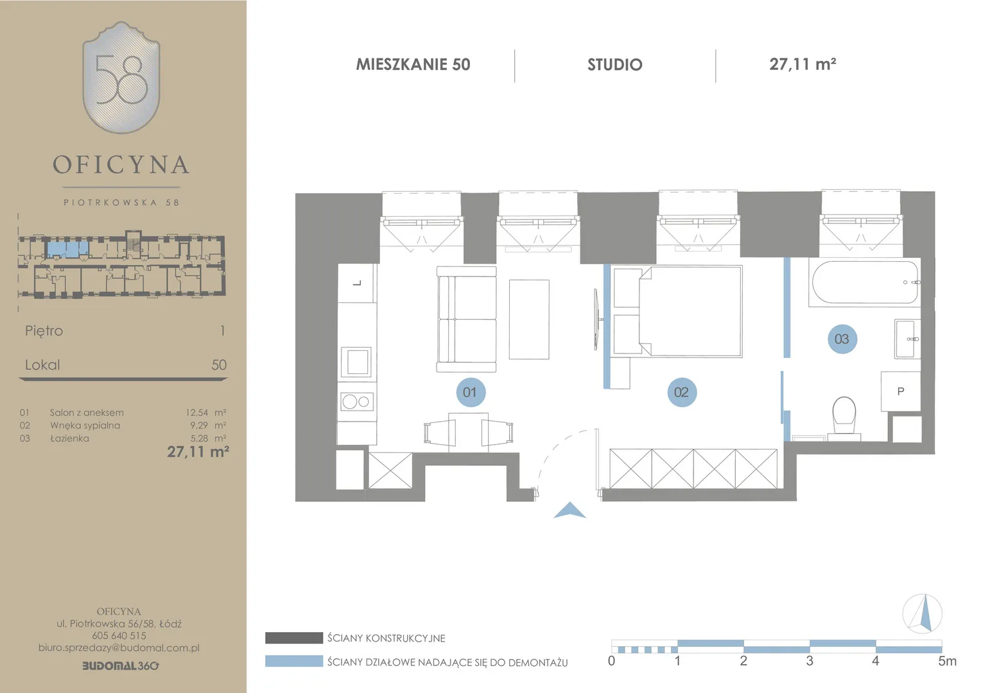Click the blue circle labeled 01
click(471, 392)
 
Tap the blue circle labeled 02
click(681, 392)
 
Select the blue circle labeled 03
click(842, 339)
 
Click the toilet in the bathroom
click(844, 418)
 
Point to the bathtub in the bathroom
click(865, 282)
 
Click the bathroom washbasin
click(907, 339)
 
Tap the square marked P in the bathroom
click(901, 391)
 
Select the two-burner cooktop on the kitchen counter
click(357, 402)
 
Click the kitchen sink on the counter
click(356, 362)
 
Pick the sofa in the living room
click(466, 319)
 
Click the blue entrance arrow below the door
click(569, 511)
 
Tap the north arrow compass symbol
click(923, 613)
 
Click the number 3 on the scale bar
click(810, 661)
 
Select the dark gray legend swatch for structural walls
click(294, 638)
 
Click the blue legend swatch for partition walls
click(294, 661)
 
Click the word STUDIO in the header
click(615, 65)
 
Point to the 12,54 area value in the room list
click(196, 413)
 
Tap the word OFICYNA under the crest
click(121, 165)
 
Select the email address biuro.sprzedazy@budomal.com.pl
click(119, 648)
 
